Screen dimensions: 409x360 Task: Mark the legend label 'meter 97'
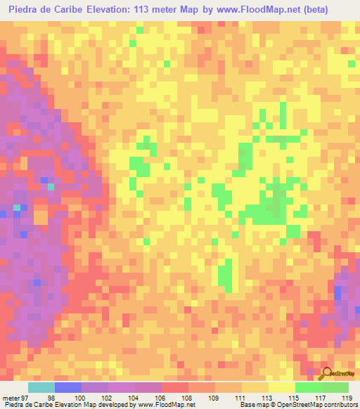[x=14, y=397]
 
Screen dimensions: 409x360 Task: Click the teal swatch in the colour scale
[x=41, y=387]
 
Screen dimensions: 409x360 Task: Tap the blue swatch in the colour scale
[x=68, y=387]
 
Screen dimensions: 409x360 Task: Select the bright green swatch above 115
[x=308, y=387]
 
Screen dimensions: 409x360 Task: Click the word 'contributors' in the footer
[x=340, y=405]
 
